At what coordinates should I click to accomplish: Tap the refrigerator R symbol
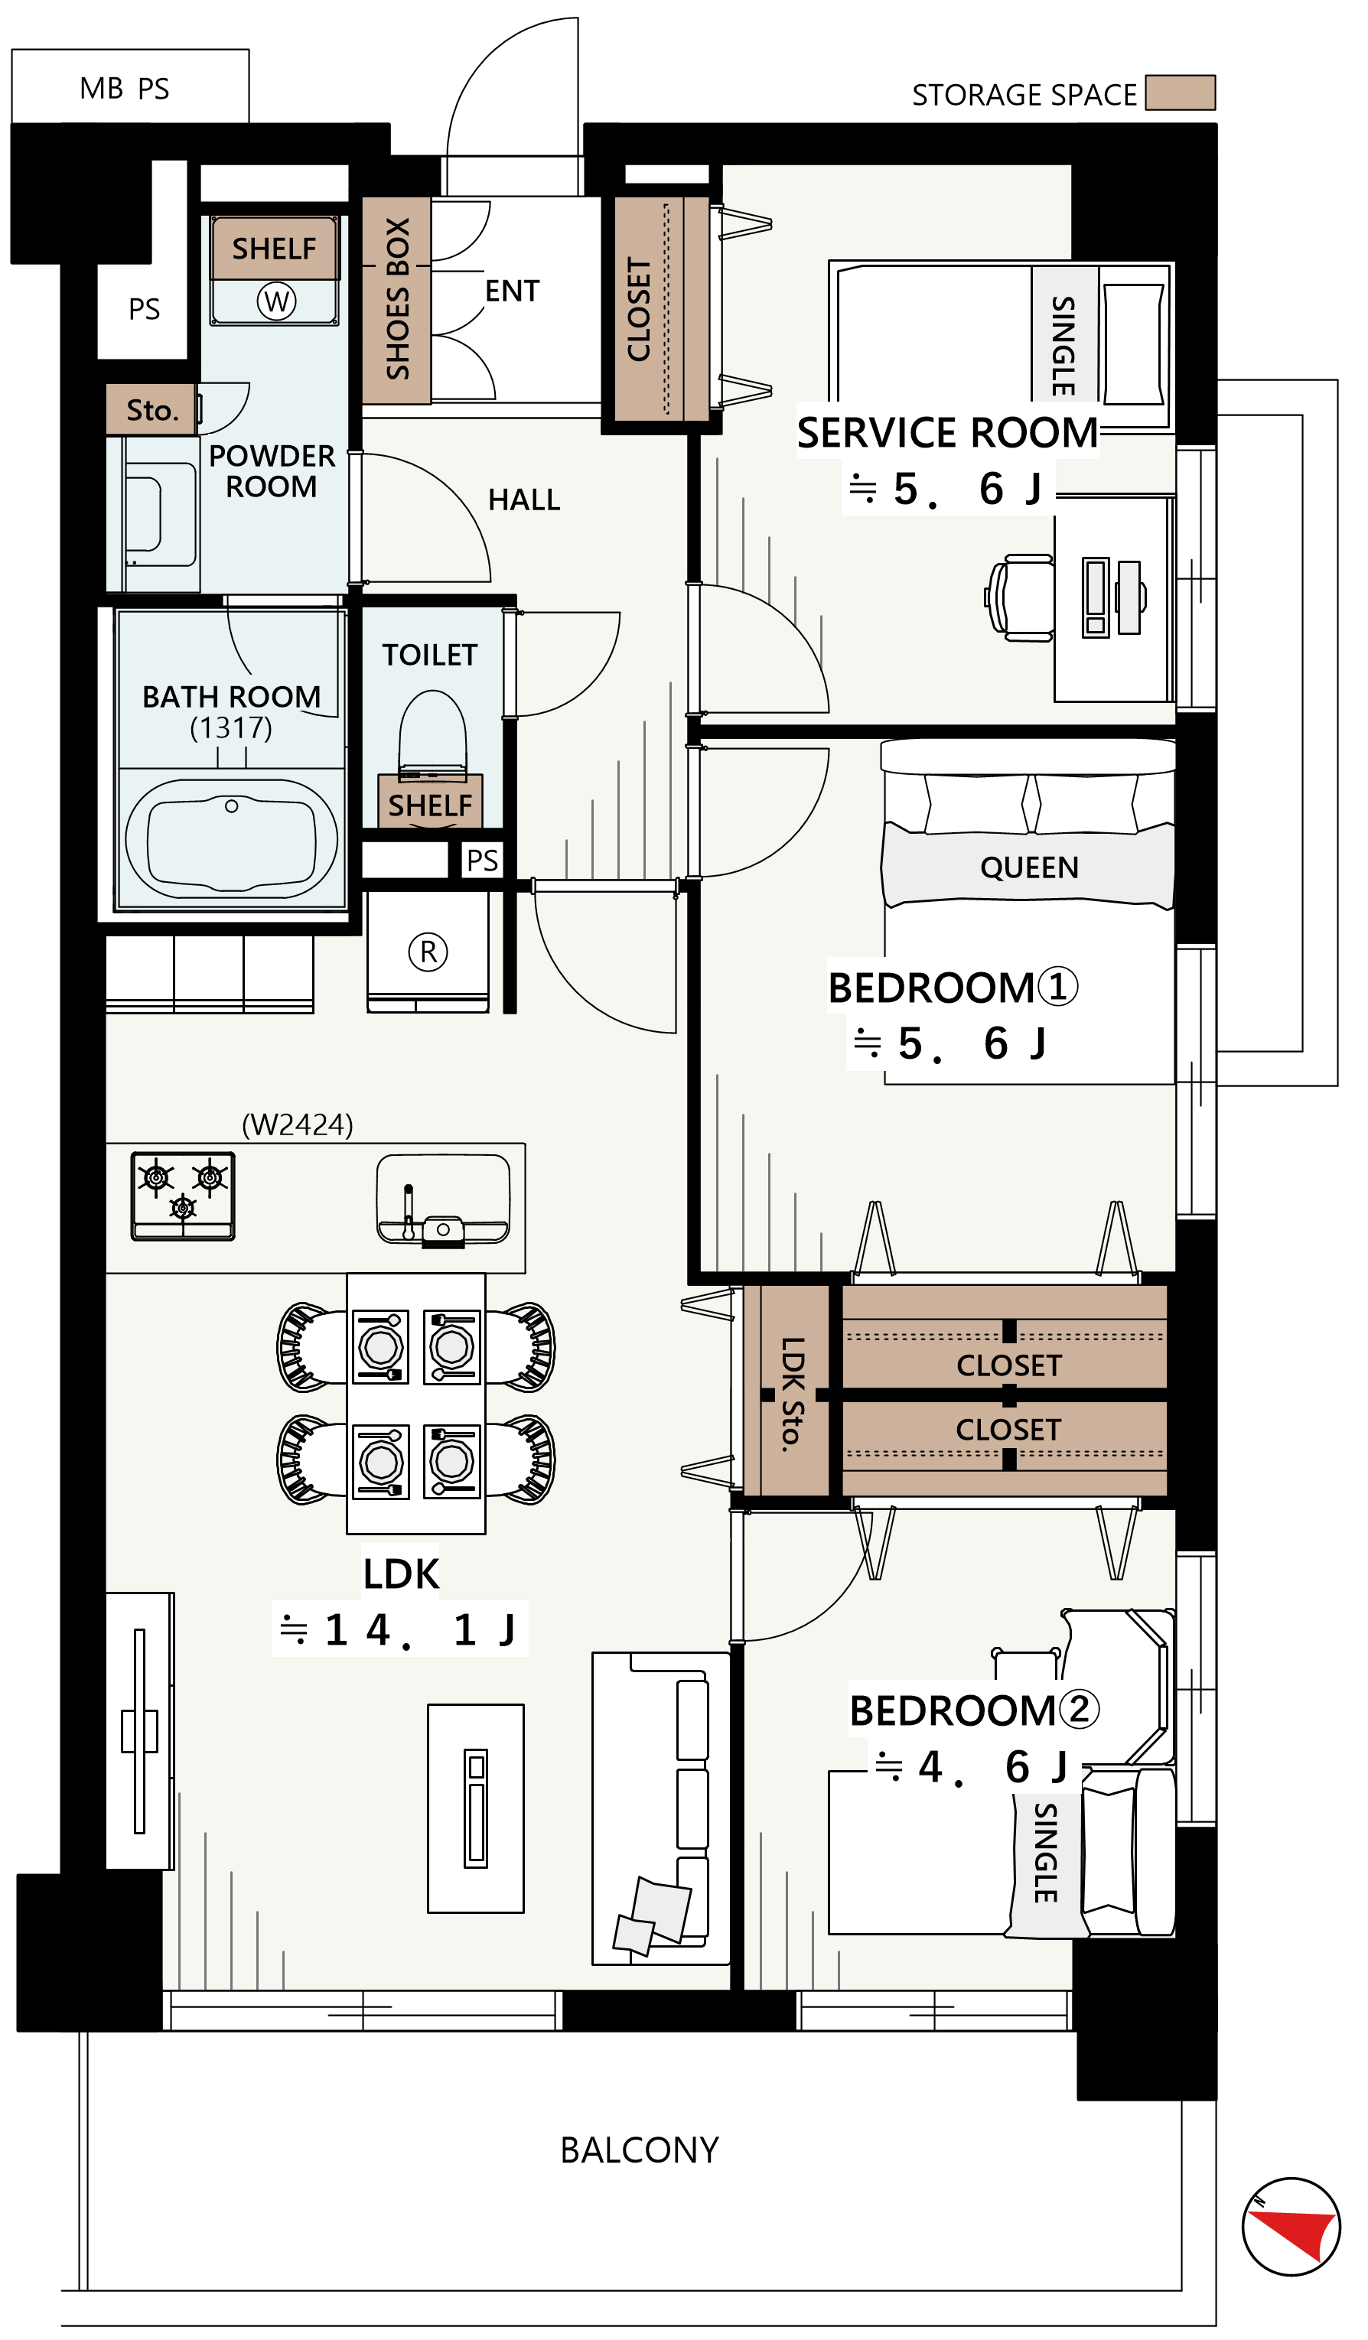[x=428, y=952]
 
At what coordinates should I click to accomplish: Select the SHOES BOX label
[x=398, y=299]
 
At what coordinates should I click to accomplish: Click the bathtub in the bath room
[x=231, y=838]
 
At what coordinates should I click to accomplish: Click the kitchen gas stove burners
[x=183, y=1196]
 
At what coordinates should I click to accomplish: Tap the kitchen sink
[x=443, y=1199]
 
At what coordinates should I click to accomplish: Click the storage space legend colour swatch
[x=1180, y=93]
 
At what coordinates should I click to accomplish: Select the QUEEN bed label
[x=1029, y=867]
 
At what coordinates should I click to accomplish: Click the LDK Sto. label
[x=791, y=1394]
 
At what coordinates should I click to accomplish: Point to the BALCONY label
[x=639, y=2150]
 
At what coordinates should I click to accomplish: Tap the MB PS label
[x=125, y=88]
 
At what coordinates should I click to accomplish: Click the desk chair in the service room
[x=1020, y=598]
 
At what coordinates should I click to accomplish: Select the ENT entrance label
[x=512, y=291]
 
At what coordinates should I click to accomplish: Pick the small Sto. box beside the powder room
[x=151, y=409]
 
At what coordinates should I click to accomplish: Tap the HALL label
[x=524, y=500]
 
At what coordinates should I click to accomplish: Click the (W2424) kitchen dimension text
[x=297, y=1124]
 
